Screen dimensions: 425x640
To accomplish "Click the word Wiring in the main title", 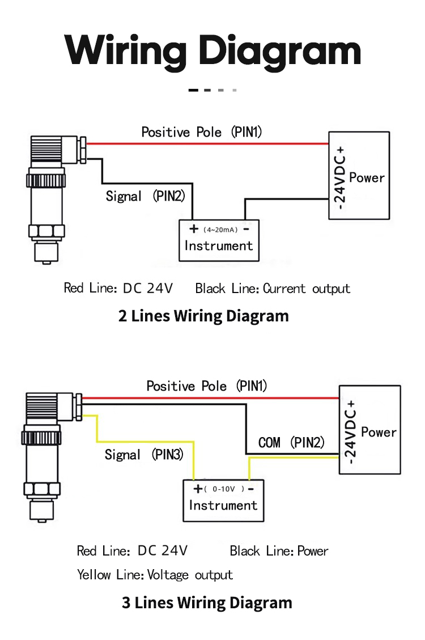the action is tap(126, 51).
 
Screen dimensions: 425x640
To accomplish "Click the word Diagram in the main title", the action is tap(280, 52).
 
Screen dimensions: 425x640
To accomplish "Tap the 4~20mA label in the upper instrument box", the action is tap(220, 230).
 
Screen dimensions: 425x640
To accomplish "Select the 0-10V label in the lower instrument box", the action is tap(224, 489).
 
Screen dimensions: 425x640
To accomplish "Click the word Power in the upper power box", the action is tap(367, 178).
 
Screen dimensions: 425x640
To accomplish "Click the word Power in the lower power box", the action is tap(379, 433).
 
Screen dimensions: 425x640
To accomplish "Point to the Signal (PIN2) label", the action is tap(145, 196).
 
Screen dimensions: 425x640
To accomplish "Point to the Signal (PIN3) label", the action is tap(144, 454).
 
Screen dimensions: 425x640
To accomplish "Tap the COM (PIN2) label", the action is tap(291, 442).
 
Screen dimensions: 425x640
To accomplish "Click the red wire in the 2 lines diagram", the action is tap(207, 143).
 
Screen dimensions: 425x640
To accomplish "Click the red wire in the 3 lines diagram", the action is tap(210, 397).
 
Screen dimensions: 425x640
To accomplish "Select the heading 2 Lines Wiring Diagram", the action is tap(203, 316).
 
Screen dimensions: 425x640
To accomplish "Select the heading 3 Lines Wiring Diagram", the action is tap(207, 603).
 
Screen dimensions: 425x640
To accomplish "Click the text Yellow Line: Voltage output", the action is tap(155, 575).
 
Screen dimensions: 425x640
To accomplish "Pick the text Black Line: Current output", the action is tap(273, 289).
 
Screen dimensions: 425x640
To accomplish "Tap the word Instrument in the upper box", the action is tap(219, 245).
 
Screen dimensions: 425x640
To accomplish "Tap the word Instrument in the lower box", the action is tap(223, 505).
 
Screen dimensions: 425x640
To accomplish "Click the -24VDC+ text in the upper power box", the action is tap(339, 178).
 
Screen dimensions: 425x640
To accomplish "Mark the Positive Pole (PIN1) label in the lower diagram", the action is tap(207, 385).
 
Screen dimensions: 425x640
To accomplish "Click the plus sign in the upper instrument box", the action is tap(194, 228).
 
